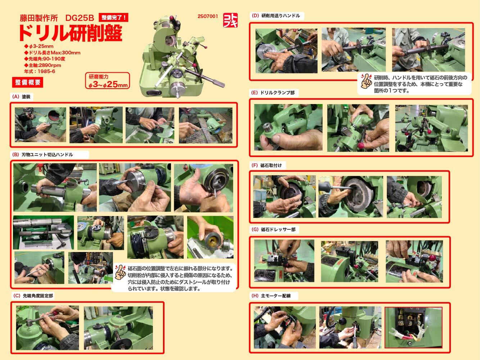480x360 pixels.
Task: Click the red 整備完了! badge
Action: click(x=113, y=18)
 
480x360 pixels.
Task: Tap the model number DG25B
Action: click(x=80, y=18)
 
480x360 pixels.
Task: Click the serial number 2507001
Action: click(x=208, y=16)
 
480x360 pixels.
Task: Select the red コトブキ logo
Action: click(x=230, y=20)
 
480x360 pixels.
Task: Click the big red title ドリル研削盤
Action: click(x=71, y=33)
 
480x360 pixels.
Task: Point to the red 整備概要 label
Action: click(x=28, y=82)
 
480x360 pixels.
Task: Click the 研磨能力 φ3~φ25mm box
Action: click(x=108, y=81)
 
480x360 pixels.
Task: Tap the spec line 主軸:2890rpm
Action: click(x=43, y=65)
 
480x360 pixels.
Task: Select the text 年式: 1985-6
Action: click(x=40, y=71)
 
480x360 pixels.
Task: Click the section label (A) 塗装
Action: click(x=22, y=97)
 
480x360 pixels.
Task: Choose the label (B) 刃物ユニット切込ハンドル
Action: click(x=42, y=155)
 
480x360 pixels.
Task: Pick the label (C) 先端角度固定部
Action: click(x=33, y=296)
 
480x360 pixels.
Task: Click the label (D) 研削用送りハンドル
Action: click(x=276, y=15)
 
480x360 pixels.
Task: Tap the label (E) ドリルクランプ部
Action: click(x=273, y=93)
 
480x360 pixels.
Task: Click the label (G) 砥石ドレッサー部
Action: click(x=274, y=229)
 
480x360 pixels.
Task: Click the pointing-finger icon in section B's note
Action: click(x=120, y=272)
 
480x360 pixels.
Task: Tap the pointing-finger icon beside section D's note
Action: click(x=366, y=81)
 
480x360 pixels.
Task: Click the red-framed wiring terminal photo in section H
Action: click(x=413, y=327)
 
